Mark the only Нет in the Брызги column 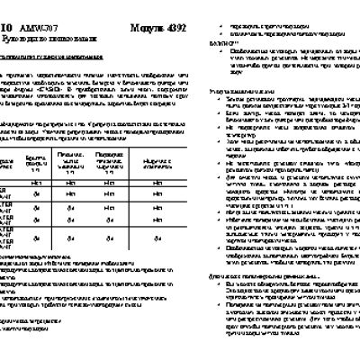click(x=38, y=183)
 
